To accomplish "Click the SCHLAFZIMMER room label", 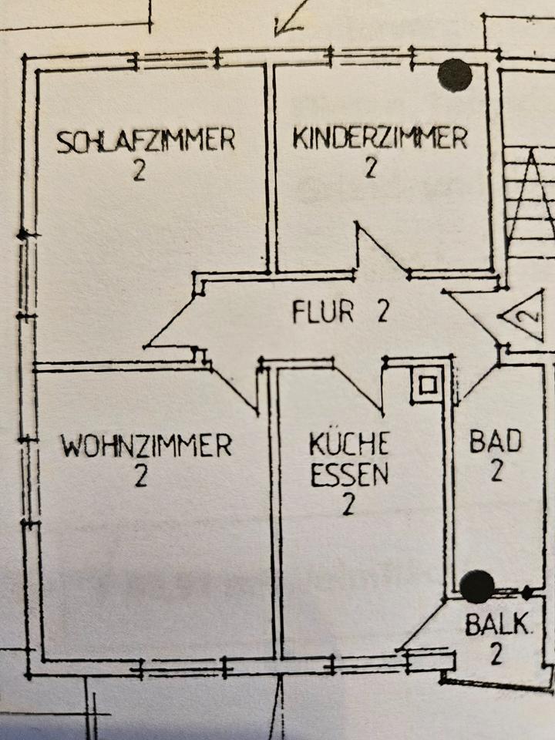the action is pyautogui.click(x=146, y=141).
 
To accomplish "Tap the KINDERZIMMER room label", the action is pyautogui.click(x=379, y=139).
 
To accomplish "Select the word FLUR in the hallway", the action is pyautogui.click(x=323, y=312).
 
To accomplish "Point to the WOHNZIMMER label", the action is pyautogui.click(x=146, y=446).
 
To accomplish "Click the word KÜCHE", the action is pyautogui.click(x=349, y=445).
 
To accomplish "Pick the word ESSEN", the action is pyautogui.click(x=349, y=475).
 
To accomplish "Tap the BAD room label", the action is pyautogui.click(x=496, y=442).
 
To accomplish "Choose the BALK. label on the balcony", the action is pyautogui.click(x=498, y=624).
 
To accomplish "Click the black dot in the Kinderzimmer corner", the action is pyautogui.click(x=455, y=75).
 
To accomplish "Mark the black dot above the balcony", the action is pyautogui.click(x=477, y=587).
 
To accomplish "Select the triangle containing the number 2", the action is pyautogui.click(x=524, y=315).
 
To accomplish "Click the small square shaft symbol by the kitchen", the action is pyautogui.click(x=427, y=383).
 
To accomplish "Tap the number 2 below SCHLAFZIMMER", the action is pyautogui.click(x=139, y=170).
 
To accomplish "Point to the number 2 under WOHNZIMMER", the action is pyautogui.click(x=140, y=476).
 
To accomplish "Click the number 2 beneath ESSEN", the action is pyautogui.click(x=348, y=506).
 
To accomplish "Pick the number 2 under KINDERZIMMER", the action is pyautogui.click(x=371, y=167).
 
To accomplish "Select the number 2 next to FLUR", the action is pyautogui.click(x=383, y=312).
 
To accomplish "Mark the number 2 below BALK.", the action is pyautogui.click(x=496, y=654).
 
